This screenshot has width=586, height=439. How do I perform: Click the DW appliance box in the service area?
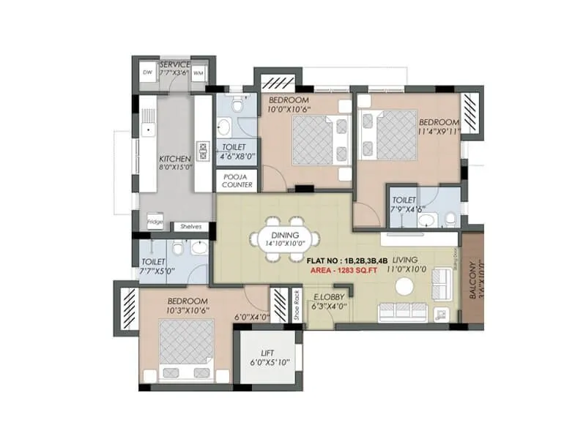(x=147, y=72)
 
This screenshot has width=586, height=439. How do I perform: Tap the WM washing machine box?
(x=199, y=73)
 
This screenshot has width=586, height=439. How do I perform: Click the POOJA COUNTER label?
(x=236, y=181)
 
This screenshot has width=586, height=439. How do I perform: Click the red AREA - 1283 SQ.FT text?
(x=342, y=269)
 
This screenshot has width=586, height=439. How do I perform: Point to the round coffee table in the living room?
(x=404, y=288)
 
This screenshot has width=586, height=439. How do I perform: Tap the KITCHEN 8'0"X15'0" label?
(x=176, y=163)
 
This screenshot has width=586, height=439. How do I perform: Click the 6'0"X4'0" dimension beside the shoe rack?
(x=252, y=317)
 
